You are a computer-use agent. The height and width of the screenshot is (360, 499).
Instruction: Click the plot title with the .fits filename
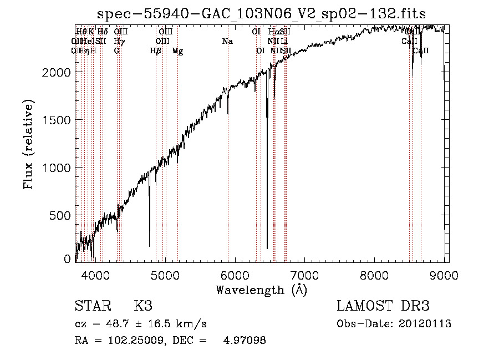[261, 14]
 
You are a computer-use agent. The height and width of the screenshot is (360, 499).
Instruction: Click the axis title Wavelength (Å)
[261, 290]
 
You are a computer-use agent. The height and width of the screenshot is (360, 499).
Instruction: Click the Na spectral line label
[227, 41]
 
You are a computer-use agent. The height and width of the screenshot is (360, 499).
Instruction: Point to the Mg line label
[177, 50]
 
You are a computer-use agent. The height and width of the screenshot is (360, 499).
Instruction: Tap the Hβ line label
[156, 50]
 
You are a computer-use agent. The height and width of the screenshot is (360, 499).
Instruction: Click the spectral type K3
[143, 306]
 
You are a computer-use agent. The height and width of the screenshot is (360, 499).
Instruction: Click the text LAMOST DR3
[383, 306]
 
